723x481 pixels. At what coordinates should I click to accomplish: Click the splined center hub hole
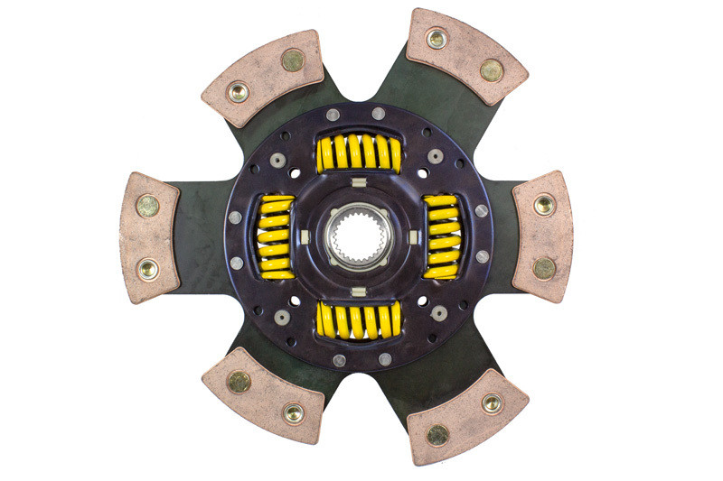click(x=359, y=237)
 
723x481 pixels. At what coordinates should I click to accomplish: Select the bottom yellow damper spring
click(x=359, y=320)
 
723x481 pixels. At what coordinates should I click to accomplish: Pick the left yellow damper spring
click(x=277, y=236)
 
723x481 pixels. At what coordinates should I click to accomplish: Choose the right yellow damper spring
click(x=441, y=236)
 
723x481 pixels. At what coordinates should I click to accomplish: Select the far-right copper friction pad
click(x=543, y=236)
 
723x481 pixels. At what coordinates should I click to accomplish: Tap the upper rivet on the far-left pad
click(x=148, y=207)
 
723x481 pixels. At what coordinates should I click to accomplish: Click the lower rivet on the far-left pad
click(x=148, y=268)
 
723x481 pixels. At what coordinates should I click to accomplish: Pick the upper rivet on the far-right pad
click(x=544, y=205)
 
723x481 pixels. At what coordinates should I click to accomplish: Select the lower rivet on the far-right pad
click(x=544, y=268)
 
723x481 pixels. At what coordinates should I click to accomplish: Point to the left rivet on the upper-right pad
click(x=437, y=39)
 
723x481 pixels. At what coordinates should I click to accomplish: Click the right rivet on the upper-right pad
click(x=491, y=69)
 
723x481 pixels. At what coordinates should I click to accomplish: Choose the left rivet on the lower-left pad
click(x=239, y=382)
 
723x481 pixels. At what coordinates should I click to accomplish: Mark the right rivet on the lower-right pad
click(x=492, y=403)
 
